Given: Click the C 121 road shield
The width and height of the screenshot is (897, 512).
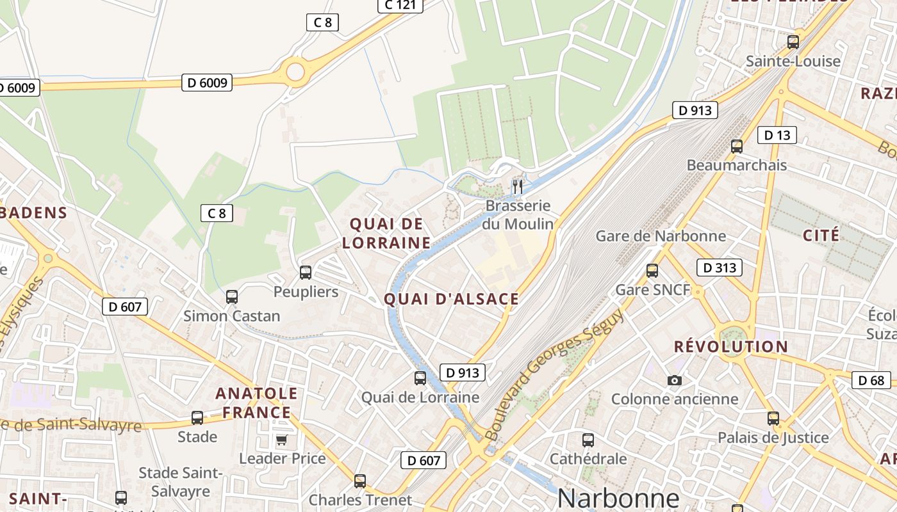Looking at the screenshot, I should (400, 5).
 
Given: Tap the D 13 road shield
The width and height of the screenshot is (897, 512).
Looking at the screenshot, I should (777, 135).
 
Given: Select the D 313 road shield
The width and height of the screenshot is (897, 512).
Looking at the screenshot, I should (719, 268).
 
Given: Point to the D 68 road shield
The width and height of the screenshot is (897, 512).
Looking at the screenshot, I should (871, 380).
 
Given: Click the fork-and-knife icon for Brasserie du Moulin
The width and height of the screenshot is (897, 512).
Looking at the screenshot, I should (518, 186).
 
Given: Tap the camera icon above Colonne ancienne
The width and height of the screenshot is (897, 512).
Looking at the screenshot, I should (674, 380).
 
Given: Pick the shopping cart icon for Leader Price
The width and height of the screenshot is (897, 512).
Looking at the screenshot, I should (281, 440).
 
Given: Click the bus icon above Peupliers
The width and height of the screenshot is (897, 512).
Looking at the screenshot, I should (306, 272).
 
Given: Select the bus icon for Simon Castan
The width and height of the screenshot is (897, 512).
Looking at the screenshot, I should (232, 296).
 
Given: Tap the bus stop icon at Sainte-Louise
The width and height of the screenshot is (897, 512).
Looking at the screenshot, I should (793, 42).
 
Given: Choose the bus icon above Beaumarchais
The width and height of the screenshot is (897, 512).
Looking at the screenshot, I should (737, 146).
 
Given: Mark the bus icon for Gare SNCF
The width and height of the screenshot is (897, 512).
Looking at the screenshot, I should (652, 270).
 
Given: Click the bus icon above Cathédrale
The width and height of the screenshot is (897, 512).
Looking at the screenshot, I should (588, 440).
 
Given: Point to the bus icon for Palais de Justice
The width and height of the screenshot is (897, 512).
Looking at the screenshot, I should (773, 419).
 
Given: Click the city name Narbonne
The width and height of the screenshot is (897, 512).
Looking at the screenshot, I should (618, 498).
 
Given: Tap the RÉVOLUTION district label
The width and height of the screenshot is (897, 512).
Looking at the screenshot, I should (730, 347).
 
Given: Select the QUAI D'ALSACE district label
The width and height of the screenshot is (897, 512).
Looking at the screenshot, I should (451, 299).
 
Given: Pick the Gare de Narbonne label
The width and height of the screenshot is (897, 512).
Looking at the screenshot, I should (661, 236).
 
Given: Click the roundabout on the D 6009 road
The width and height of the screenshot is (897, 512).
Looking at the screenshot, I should (295, 71).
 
